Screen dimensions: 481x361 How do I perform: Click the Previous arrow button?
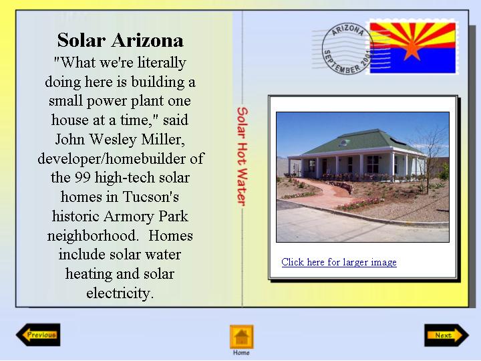pos(38,335)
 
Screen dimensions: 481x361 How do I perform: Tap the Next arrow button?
pos(447,335)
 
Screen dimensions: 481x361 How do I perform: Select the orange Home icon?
pos(242,337)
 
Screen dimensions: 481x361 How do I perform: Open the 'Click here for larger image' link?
pos(339,262)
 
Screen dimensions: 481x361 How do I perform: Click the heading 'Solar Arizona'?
pos(120,40)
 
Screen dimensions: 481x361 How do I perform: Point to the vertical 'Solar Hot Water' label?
pos(242,156)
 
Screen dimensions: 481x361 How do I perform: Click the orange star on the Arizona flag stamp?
pos(412,49)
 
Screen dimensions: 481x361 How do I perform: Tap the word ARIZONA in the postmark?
pos(348,30)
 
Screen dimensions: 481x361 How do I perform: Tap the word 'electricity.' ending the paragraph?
pos(120,293)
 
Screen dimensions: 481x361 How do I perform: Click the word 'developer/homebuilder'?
pos(110,158)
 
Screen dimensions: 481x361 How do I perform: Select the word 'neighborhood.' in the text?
pos(92,236)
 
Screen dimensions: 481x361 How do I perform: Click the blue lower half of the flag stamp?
pos(413,60)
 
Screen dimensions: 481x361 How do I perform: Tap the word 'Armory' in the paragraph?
pos(129,217)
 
